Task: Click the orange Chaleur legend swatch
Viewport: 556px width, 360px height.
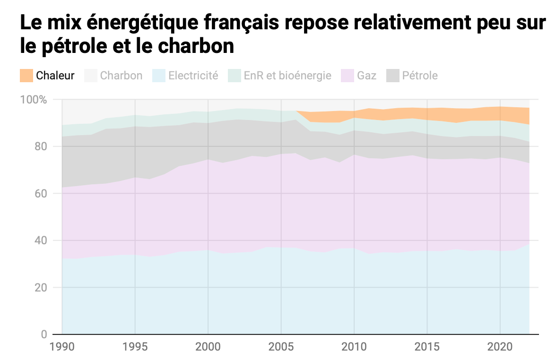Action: click(x=26, y=76)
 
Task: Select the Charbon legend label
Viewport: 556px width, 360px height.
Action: click(x=121, y=76)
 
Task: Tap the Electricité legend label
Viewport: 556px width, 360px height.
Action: click(x=193, y=76)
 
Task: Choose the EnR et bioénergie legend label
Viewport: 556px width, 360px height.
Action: click(x=287, y=76)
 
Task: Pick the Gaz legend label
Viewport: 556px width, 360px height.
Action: click(x=367, y=76)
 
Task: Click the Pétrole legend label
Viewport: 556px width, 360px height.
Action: click(x=420, y=76)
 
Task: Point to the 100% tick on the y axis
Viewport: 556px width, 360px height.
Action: click(x=34, y=100)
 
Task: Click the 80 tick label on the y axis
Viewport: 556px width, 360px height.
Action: click(x=41, y=146)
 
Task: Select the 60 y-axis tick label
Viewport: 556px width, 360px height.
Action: click(x=41, y=194)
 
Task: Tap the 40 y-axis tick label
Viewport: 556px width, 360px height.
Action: click(x=41, y=240)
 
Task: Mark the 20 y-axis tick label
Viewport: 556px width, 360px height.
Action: click(x=41, y=288)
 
